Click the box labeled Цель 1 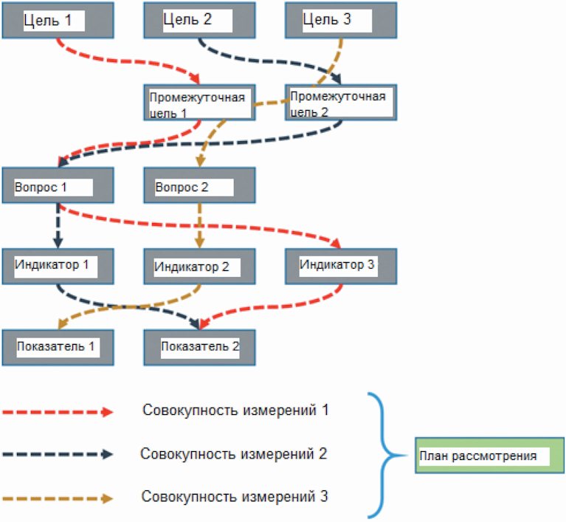58,20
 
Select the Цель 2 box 199,20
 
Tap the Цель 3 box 341,20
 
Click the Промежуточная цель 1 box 199,103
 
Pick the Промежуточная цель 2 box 341,103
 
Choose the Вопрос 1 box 58,185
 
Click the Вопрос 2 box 199,185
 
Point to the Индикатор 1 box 58,267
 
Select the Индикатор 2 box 199,267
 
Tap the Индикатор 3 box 341,267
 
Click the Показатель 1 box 58,348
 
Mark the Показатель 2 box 199,348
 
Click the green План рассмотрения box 489,456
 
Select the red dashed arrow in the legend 58,412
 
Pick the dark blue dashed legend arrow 58,455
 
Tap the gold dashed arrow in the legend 58,499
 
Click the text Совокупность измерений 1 235,411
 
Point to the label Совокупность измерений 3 235,497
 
